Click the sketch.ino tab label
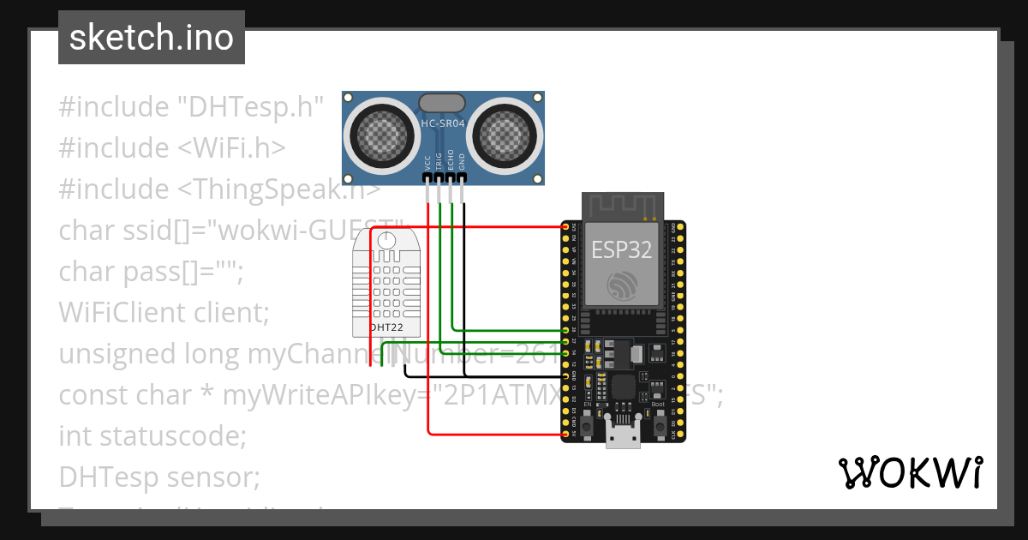pos(152,38)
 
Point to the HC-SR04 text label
pos(443,123)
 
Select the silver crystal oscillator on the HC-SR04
pos(443,103)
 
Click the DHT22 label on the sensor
pos(385,327)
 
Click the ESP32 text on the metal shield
pos(622,249)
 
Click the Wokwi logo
pos(910,472)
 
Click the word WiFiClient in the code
pos(117,313)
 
